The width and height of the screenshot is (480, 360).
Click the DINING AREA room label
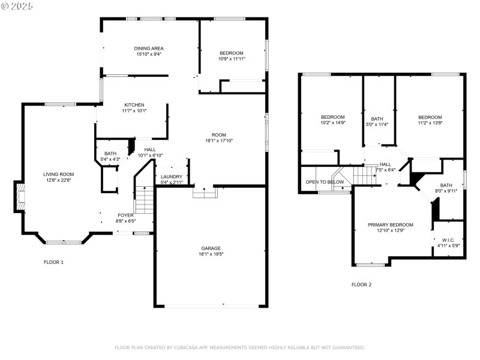coord(149,48)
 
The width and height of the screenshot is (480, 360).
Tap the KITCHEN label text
coord(134,104)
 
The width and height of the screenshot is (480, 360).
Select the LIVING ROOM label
coord(58,174)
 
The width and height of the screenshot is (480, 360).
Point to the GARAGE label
coord(211,248)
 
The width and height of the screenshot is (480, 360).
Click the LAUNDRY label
coord(172,176)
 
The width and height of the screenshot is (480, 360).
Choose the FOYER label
coord(125,215)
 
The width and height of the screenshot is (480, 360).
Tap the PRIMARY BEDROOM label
coord(391,224)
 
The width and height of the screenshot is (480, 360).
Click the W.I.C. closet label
coord(447,239)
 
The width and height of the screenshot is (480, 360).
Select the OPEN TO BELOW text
coord(325,182)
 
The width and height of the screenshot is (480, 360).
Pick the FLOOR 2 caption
coord(361,284)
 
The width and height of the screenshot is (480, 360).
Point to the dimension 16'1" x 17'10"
coord(218,140)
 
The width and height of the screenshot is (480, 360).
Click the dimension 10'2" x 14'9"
coord(332,122)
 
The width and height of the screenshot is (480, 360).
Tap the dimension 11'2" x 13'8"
coord(430,122)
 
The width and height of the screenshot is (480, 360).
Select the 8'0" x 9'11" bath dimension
coord(446,191)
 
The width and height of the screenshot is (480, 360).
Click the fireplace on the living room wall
coord(20,197)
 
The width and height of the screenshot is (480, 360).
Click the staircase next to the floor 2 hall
coord(362,176)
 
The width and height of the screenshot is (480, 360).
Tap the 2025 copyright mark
coord(18,5)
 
